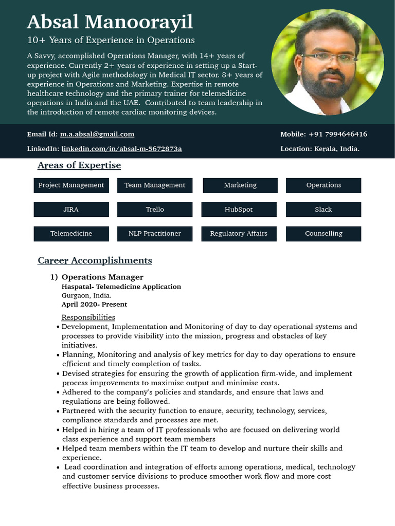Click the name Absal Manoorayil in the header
(110, 22)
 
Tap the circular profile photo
(327, 62)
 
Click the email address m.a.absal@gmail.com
(97, 134)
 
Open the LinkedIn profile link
(121, 149)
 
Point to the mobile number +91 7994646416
(337, 134)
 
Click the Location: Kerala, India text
(320, 149)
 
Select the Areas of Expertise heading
(79, 165)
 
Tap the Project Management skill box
(71, 185)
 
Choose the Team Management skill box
(155, 185)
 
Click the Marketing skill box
(240, 185)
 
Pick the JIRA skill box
(71, 210)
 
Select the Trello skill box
(155, 210)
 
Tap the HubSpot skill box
(239, 210)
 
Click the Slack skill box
(323, 210)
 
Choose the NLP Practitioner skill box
(155, 234)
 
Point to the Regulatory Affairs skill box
(239, 234)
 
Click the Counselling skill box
(323, 234)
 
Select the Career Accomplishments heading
(95, 261)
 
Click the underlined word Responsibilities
(88, 317)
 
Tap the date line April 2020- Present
(94, 305)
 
